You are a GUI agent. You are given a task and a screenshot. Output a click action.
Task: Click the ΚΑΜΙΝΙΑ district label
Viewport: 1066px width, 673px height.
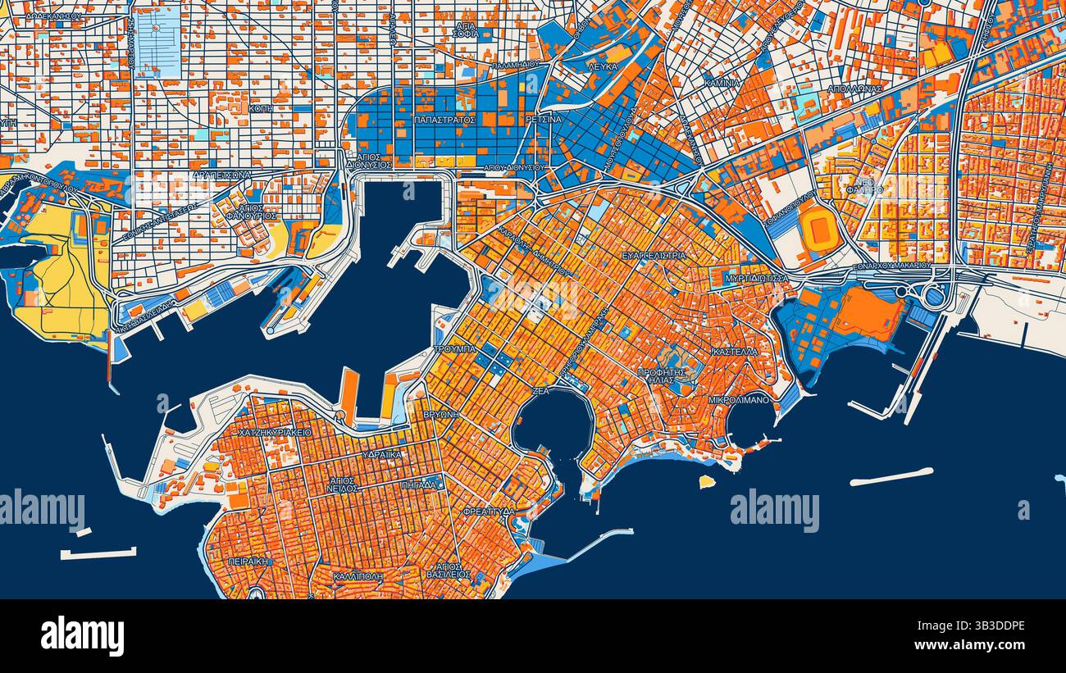722,83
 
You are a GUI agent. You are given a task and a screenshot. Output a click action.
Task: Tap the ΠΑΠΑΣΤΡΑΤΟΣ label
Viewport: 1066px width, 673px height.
445,120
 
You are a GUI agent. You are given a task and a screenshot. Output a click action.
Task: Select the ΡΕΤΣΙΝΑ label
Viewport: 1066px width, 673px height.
544,120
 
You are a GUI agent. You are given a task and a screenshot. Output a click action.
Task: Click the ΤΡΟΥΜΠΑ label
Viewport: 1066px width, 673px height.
454,349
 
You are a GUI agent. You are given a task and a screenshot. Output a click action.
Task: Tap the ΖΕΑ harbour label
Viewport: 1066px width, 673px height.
540,392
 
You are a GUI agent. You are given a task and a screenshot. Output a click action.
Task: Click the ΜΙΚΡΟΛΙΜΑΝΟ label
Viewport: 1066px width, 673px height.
740,400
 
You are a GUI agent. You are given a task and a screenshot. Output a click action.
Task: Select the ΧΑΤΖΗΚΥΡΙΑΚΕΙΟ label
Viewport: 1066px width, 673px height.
275,432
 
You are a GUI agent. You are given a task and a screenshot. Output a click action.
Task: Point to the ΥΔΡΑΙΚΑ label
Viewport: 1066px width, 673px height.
382,454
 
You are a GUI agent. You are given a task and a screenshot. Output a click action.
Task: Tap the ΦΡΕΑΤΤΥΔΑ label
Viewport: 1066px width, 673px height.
489,511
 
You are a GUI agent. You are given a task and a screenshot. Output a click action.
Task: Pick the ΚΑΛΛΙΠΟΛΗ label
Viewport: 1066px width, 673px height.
358,577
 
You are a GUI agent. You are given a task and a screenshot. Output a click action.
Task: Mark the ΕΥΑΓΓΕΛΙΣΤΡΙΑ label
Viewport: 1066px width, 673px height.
654,256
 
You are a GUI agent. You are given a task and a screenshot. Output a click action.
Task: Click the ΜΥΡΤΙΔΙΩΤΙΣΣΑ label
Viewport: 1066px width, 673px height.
757,279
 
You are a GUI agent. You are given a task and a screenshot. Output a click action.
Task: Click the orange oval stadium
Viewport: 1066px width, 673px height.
818,229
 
